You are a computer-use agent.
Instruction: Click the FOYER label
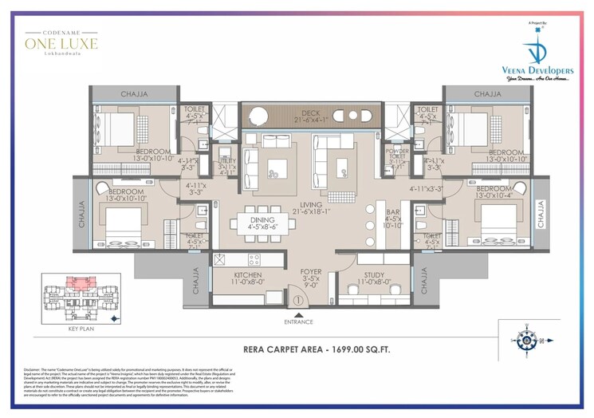[x=311, y=272]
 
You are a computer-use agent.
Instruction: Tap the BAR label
[x=393, y=213]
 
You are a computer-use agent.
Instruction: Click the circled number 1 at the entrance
[x=296, y=301]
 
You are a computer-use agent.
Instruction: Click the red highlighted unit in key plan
[x=78, y=282]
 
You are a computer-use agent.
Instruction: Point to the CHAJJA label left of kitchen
[x=196, y=282]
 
